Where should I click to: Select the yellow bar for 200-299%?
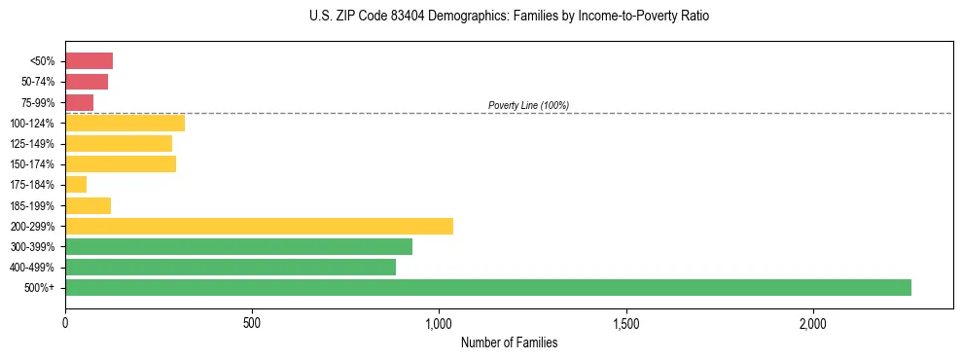coord(259,226)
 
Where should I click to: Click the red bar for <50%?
coord(89,61)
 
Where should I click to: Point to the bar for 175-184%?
coord(76,184)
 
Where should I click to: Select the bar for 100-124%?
coord(125,123)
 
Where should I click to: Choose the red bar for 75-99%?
coord(79,102)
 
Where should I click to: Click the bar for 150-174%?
coord(121,163)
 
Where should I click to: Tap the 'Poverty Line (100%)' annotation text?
coord(528,105)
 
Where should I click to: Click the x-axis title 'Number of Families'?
coord(509,342)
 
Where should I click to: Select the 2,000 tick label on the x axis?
coord(813,323)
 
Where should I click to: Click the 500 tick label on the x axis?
coord(252,323)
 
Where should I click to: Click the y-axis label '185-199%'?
coord(32,205)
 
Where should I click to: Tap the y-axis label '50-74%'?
coord(37,82)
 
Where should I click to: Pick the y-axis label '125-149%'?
coord(32,143)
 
